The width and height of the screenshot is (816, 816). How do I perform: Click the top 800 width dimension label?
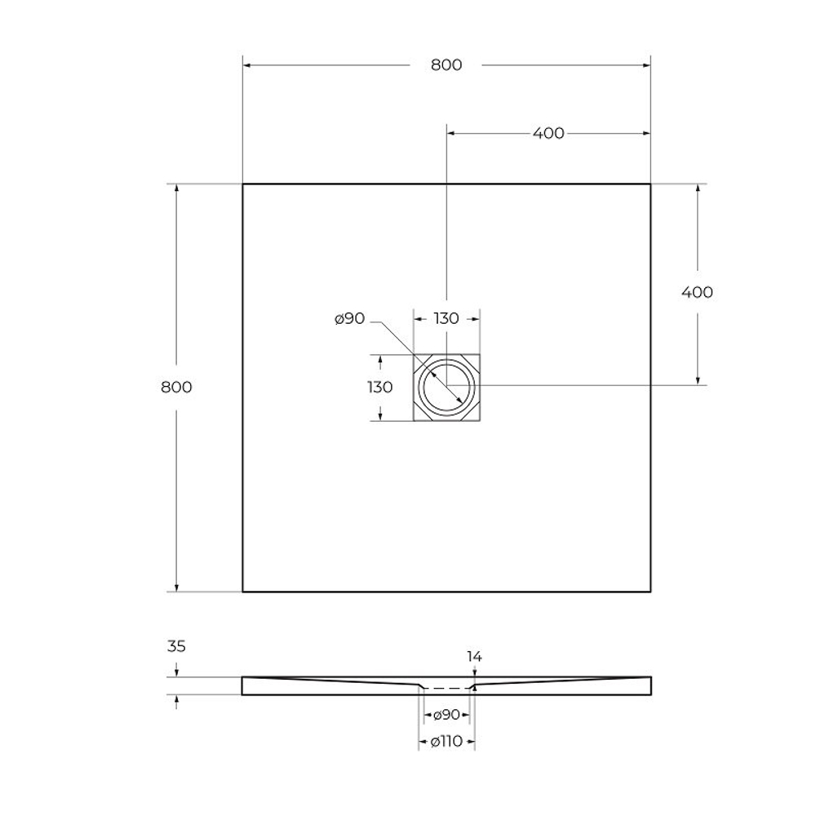(x=446, y=65)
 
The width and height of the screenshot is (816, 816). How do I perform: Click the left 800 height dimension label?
(x=176, y=387)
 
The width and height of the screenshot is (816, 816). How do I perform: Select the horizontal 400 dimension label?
(x=548, y=133)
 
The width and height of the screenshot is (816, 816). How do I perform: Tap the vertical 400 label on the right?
(x=697, y=292)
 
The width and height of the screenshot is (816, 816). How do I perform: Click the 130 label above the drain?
(x=446, y=318)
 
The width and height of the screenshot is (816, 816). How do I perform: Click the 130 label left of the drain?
(x=380, y=387)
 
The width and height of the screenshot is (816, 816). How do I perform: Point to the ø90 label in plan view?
(x=349, y=319)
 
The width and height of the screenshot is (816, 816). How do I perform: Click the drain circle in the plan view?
(x=446, y=387)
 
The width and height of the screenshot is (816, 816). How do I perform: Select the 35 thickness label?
(x=176, y=646)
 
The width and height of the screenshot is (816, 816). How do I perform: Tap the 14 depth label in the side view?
(x=474, y=656)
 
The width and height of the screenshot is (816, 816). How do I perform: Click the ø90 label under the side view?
(x=446, y=715)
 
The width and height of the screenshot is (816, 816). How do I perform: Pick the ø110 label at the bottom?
(x=446, y=741)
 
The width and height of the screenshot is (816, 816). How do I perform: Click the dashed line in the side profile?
(x=446, y=689)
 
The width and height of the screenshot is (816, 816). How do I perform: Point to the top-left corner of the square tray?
(x=243, y=184)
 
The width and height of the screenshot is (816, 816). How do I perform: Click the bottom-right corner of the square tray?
(x=650, y=591)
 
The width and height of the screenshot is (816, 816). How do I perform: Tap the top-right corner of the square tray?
(x=650, y=184)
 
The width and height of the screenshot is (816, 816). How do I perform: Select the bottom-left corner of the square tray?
(x=243, y=591)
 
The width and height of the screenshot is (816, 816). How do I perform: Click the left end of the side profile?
(x=244, y=685)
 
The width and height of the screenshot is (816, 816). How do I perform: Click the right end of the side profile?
(x=650, y=685)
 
